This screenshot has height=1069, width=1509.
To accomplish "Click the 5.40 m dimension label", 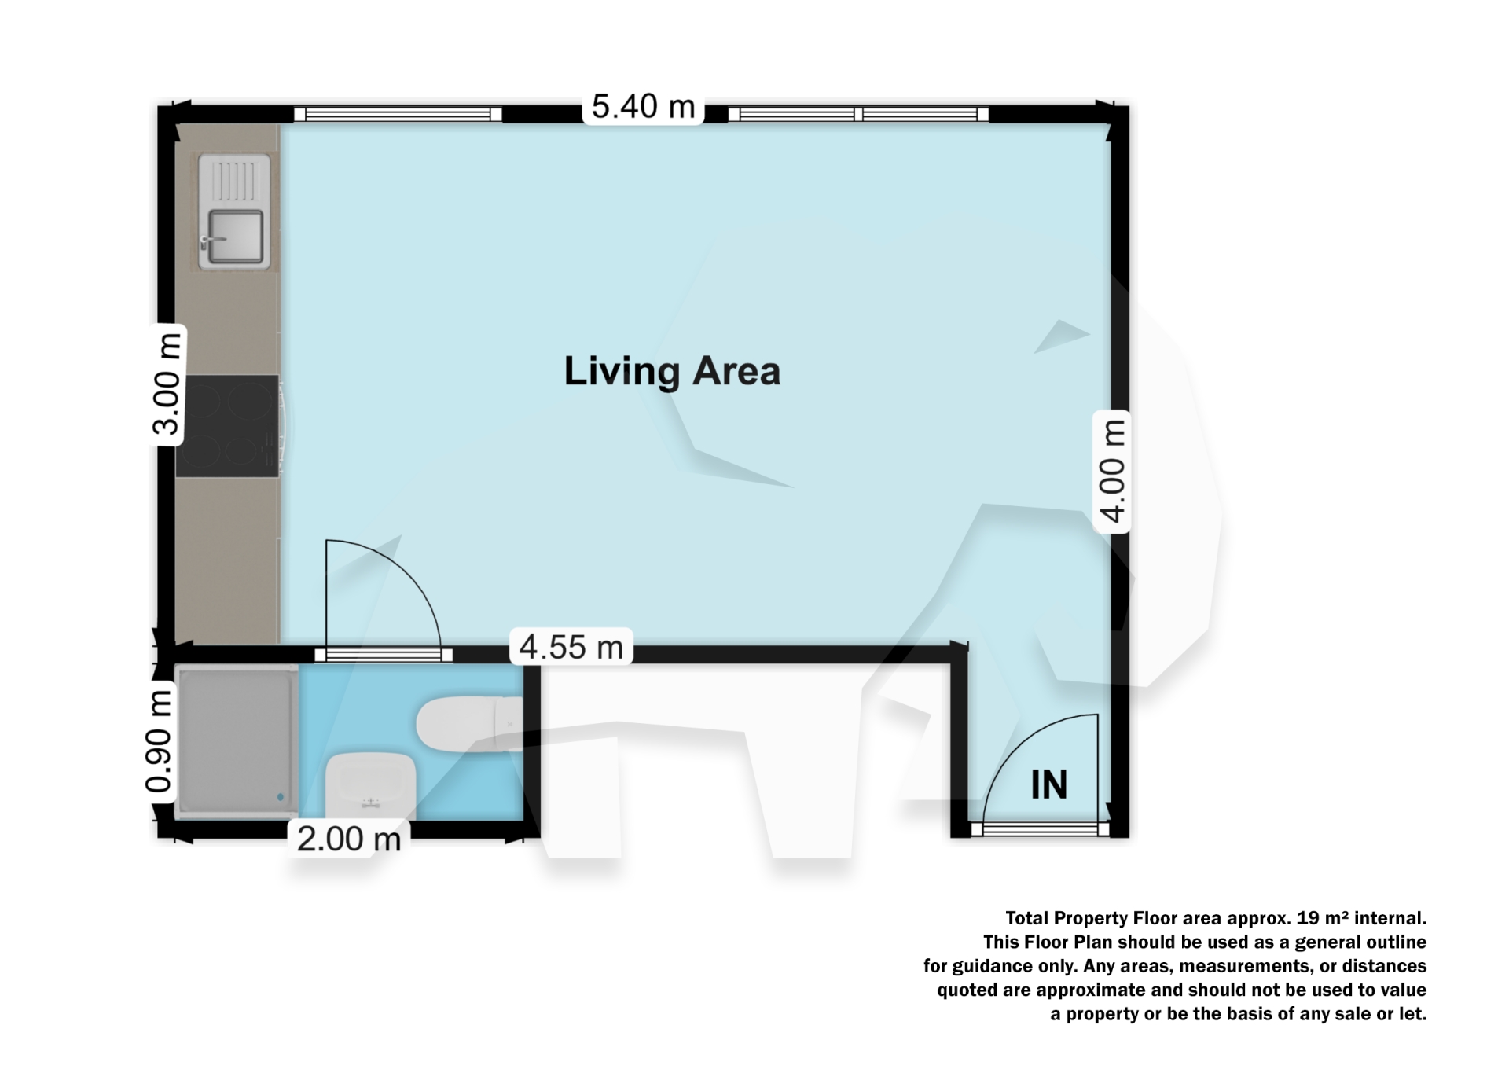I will (643, 107).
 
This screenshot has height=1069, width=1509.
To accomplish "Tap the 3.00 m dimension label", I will (167, 384).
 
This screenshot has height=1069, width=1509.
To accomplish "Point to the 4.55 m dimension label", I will (571, 647).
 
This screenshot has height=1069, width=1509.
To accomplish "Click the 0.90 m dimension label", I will (160, 740).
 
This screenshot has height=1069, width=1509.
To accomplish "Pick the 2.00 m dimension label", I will (349, 839).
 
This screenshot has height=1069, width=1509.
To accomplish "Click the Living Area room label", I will (672, 371).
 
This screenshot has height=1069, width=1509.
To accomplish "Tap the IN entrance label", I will (1048, 784).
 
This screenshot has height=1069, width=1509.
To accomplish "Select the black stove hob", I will (227, 426).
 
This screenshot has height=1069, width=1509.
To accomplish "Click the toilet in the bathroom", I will (468, 724).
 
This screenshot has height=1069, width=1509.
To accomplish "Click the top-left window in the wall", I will (398, 115).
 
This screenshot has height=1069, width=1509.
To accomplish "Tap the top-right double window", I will (857, 115).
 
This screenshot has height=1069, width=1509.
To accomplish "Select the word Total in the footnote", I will (1027, 918).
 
